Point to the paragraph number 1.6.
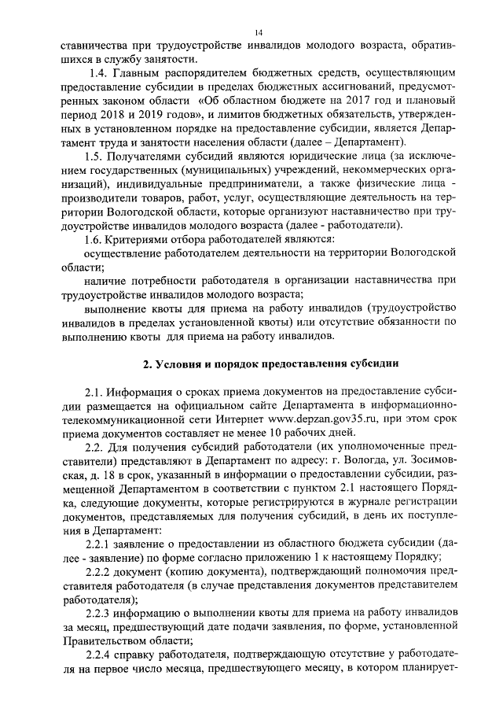(x=96, y=238)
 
